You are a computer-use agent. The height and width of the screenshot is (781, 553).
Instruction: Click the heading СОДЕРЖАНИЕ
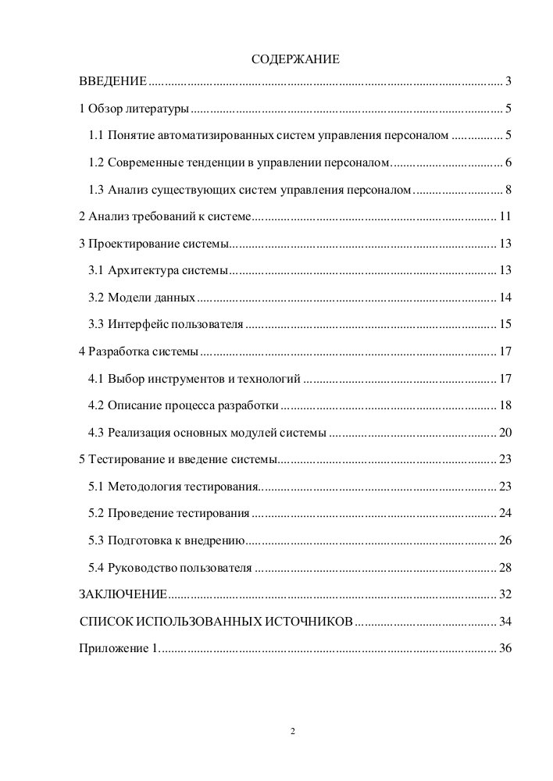[x=294, y=59]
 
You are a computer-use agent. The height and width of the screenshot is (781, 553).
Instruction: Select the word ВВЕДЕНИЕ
[x=112, y=81]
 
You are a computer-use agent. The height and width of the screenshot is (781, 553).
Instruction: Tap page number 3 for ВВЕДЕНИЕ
[x=508, y=81]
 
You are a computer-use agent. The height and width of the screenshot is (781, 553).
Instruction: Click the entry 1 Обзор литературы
[x=134, y=109]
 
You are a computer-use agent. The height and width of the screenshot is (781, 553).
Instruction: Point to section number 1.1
[x=96, y=136]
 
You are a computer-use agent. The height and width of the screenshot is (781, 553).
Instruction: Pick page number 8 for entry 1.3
[x=508, y=190]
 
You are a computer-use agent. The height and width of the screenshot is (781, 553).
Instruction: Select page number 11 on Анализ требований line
[x=505, y=216]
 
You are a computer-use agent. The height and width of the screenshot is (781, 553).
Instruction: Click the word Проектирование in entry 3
[x=129, y=244]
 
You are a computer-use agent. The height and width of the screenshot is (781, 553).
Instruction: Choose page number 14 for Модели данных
[x=505, y=298]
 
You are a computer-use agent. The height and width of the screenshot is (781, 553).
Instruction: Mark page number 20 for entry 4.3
[x=505, y=433]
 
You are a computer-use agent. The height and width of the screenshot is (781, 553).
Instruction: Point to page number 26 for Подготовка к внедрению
[x=505, y=540]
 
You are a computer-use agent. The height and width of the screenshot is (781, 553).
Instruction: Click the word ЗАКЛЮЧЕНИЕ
[x=123, y=595]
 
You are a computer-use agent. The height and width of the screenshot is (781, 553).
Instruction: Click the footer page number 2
[x=292, y=732]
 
